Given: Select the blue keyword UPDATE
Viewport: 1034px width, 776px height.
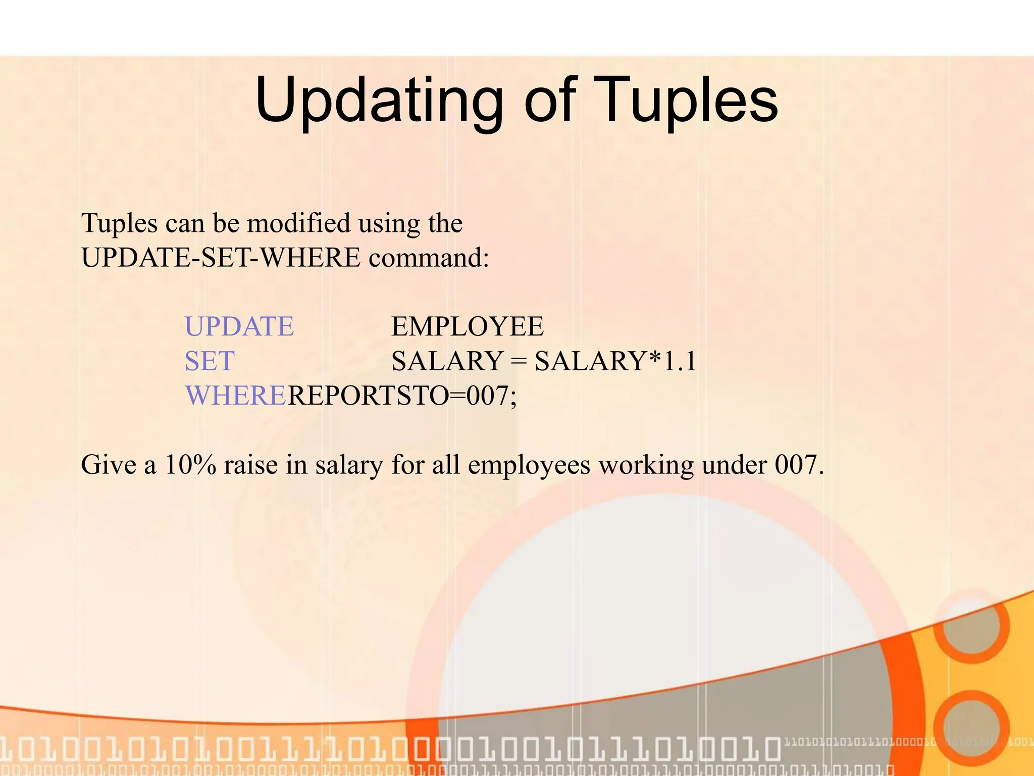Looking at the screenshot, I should (239, 326).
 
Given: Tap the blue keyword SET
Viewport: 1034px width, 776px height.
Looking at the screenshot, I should (210, 361).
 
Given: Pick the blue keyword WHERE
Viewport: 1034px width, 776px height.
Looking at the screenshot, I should (236, 396).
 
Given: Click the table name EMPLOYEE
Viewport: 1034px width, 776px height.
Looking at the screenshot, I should (468, 326).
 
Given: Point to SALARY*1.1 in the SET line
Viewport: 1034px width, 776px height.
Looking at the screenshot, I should (615, 361).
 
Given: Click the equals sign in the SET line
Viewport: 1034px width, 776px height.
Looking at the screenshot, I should (518, 362).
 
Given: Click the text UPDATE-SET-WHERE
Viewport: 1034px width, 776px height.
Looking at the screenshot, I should (221, 258).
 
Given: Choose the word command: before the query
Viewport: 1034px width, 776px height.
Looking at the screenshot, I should (429, 258).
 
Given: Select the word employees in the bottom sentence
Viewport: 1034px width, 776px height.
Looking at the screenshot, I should (529, 465).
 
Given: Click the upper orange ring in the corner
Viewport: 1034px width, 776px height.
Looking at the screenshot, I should (970, 625).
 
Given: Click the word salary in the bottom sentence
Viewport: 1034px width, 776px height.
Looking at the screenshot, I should (349, 465).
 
